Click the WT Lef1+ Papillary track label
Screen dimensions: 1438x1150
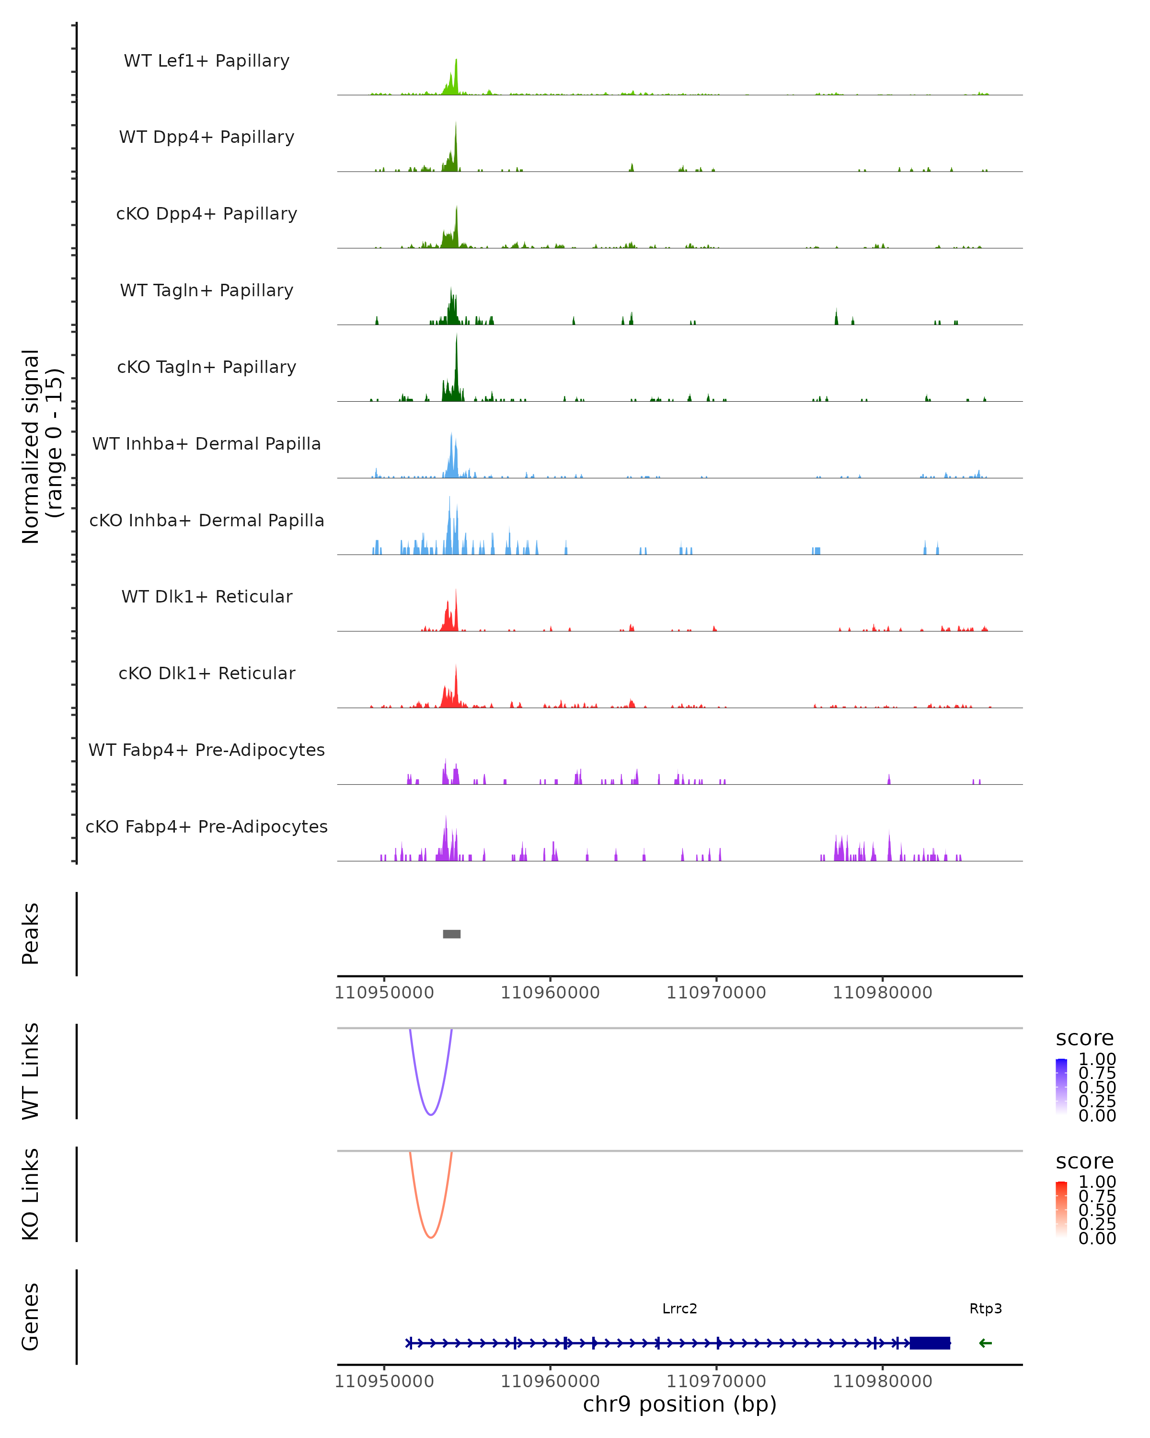(207, 61)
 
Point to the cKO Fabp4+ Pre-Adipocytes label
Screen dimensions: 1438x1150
(207, 826)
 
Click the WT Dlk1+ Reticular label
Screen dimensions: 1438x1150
(207, 596)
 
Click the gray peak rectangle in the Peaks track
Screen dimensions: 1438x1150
(451, 934)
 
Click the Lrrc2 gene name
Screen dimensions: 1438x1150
(679, 1309)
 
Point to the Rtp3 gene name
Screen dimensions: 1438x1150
(985, 1309)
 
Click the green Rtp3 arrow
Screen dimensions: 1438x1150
(985, 1343)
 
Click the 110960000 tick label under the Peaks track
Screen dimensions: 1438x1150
(550, 993)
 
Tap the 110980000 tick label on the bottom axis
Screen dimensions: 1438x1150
(882, 1381)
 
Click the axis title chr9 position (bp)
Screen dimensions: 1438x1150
(679, 1404)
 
